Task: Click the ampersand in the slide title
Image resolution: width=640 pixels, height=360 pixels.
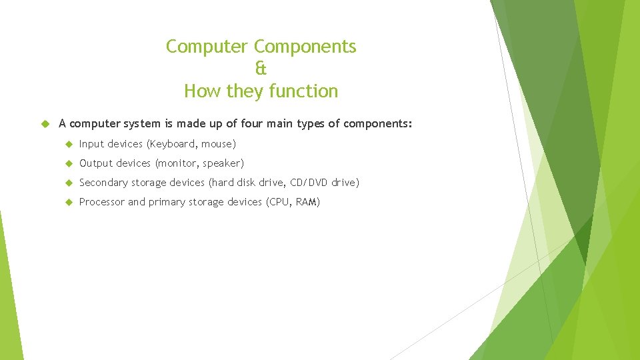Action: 261,69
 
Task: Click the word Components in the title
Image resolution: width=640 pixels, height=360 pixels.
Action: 305,47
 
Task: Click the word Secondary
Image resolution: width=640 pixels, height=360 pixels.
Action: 103,183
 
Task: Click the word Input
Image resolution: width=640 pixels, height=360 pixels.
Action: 91,144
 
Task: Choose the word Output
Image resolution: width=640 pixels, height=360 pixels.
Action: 96,163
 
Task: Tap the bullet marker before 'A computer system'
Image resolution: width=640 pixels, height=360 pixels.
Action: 45,124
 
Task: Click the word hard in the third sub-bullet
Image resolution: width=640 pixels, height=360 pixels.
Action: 223,183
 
